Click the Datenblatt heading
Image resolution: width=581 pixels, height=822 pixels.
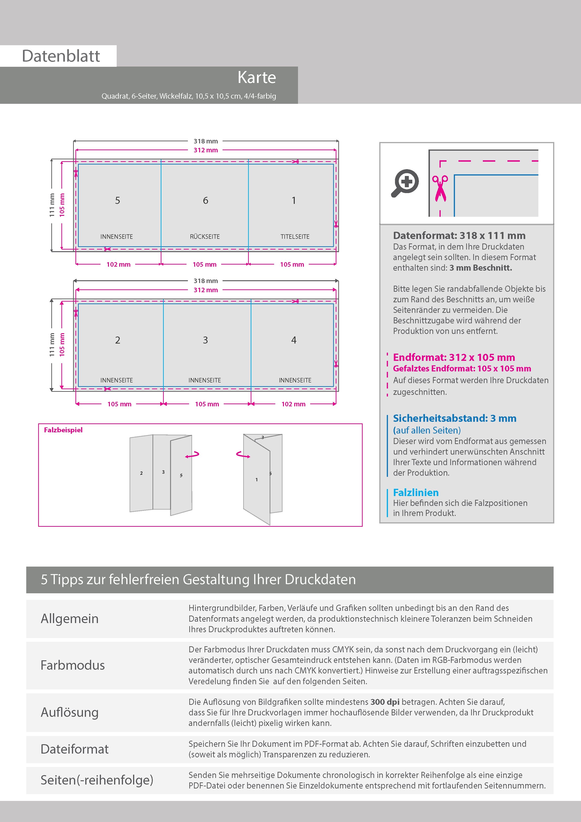61,56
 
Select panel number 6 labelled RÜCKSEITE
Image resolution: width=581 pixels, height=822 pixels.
205,201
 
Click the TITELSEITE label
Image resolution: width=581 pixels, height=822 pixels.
295,237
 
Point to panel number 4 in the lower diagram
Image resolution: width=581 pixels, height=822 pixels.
294,340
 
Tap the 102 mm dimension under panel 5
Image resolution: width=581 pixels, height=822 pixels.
119,265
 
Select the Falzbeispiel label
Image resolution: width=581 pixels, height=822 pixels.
63,430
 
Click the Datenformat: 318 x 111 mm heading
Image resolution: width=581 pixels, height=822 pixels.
459,235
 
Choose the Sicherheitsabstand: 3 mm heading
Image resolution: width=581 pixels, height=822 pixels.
454,418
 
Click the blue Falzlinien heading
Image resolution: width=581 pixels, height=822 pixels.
416,492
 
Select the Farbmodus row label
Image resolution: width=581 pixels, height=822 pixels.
73,665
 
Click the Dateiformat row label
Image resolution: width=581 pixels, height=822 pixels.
74,749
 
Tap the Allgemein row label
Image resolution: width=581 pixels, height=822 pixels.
69,619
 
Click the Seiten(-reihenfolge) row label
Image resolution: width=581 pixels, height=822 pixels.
97,780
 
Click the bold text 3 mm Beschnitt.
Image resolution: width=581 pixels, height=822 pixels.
480,268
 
